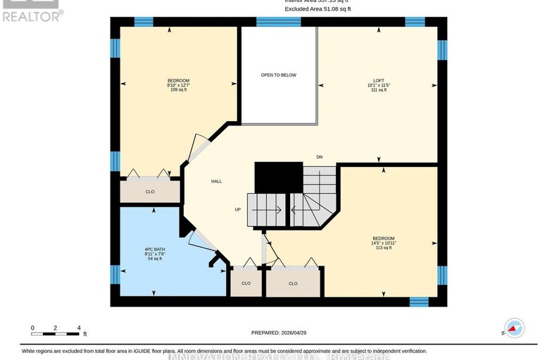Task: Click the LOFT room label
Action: click(x=378, y=80)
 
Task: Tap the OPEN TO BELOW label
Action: click(x=278, y=74)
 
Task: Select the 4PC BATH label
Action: click(x=154, y=249)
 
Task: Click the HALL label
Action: click(x=217, y=182)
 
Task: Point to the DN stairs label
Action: click(x=320, y=157)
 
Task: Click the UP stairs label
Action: click(x=238, y=209)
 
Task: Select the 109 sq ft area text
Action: click(x=178, y=90)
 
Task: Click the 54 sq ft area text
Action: click(x=154, y=259)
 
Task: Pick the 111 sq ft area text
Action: click(x=378, y=90)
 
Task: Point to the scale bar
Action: click(x=56, y=333)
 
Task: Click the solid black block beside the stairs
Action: click(x=278, y=176)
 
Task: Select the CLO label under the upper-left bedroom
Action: click(x=150, y=192)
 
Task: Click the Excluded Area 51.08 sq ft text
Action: click(x=317, y=9)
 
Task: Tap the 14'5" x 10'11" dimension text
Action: click(x=384, y=243)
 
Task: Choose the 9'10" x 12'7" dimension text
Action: click(x=178, y=85)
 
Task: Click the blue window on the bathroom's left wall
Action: click(x=115, y=275)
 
